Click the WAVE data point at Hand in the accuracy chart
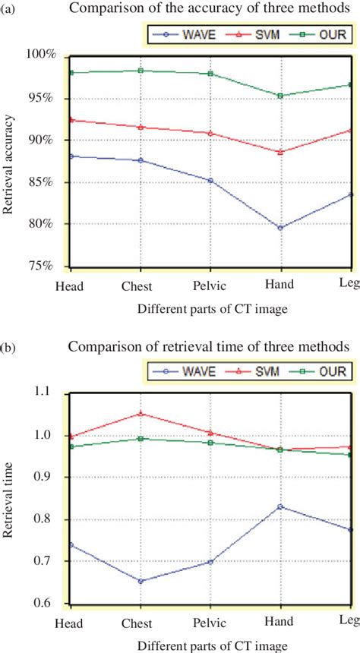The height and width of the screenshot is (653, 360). point(280,228)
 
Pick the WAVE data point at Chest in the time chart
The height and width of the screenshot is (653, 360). point(140,581)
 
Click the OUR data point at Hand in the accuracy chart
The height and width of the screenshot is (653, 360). point(280,96)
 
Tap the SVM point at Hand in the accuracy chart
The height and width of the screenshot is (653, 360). point(280,152)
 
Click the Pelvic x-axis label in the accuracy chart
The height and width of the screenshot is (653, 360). point(210,287)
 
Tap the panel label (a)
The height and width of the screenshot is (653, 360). point(9,10)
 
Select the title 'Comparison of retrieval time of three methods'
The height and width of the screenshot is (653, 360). point(209,348)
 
